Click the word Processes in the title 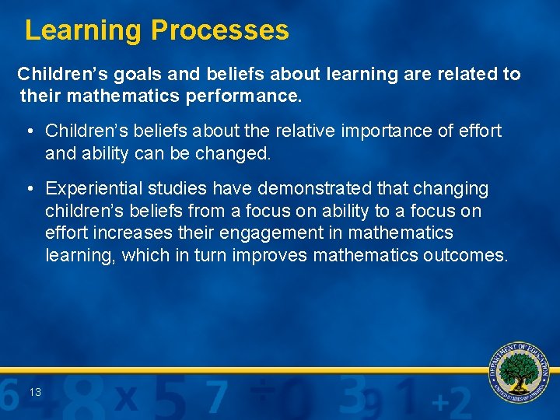(219, 30)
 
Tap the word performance (250, 97)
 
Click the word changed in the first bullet (232, 153)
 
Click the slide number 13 (36, 393)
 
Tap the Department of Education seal (519, 372)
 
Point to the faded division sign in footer (263, 387)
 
